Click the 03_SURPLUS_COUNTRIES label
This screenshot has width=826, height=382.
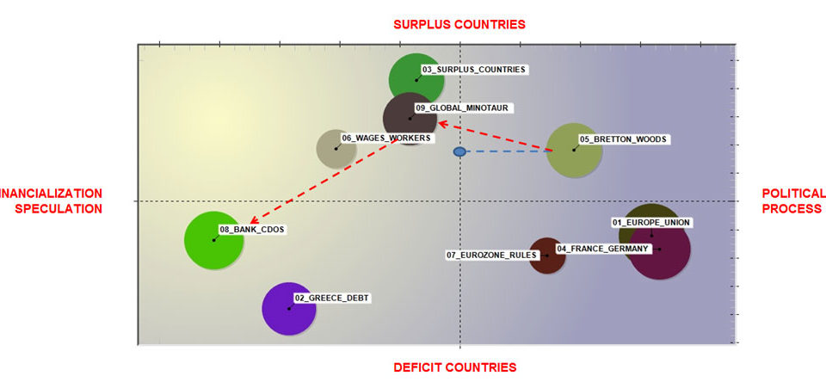473,69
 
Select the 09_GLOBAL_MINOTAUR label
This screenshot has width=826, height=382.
461,108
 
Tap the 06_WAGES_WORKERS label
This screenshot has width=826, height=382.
385,138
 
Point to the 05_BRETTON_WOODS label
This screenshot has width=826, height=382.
623,139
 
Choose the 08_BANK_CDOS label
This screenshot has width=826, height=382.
252,230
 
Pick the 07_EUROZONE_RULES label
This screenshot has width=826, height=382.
491,256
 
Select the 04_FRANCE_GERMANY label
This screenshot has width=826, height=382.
602,248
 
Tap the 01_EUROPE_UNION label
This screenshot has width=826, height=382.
650,222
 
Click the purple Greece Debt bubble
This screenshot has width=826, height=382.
289,309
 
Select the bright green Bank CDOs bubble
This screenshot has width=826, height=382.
214,240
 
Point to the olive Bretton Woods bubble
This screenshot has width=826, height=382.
574,151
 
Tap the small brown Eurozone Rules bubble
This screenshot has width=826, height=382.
547,256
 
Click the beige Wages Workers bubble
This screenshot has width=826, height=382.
336,149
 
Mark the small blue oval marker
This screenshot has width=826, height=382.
459,151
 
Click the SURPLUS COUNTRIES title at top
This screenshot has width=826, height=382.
459,24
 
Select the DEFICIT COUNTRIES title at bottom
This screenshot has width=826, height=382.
455,367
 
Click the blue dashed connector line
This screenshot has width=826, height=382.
509,151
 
